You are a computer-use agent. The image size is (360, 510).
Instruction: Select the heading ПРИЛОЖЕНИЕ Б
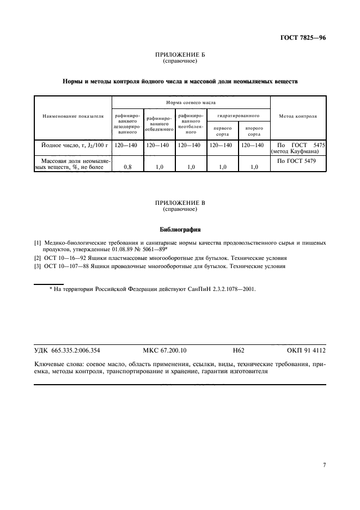[180, 56]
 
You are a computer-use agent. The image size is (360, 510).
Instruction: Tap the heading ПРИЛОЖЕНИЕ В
[180, 203]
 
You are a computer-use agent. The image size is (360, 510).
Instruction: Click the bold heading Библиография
[180, 229]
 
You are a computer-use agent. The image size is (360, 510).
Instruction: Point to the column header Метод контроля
[298, 116]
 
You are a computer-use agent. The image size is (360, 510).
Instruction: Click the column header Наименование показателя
[72, 116]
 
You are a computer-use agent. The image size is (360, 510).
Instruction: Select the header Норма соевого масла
[191, 102]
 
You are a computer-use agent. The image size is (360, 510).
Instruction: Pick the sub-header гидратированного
[239, 116]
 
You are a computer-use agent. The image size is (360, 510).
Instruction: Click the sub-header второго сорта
[254, 131]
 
